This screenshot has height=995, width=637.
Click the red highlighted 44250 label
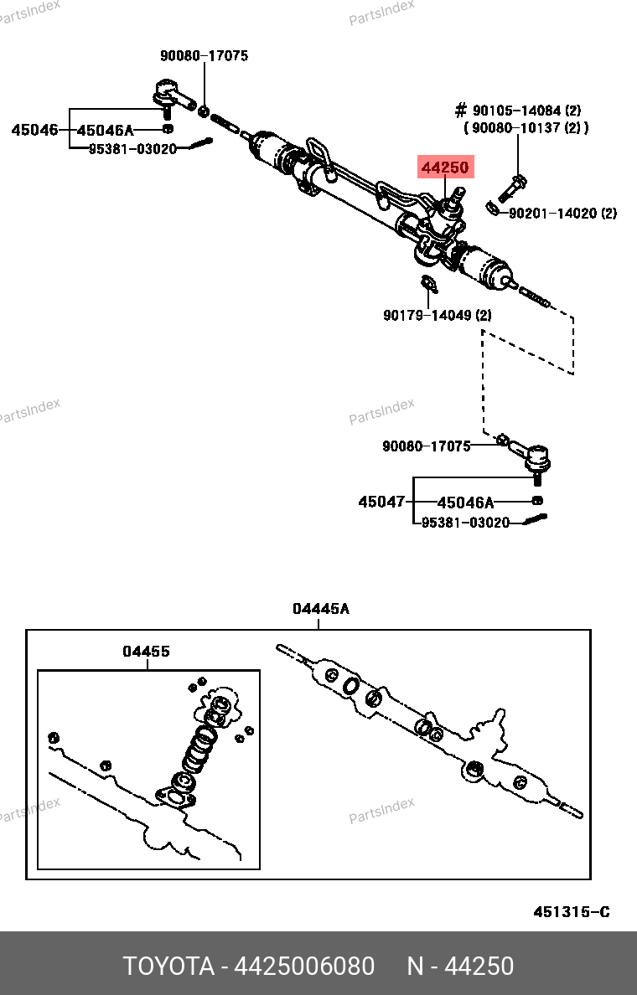445,168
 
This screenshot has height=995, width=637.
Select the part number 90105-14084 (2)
526,111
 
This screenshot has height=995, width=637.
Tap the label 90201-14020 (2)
562,214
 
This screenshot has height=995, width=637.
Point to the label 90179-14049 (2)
438,316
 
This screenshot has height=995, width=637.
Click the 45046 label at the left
34,130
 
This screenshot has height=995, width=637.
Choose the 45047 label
381,502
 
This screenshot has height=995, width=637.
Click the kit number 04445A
321,609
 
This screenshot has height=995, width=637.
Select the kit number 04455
146,651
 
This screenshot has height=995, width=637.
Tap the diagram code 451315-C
572,912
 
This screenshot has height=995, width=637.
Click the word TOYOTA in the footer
168,967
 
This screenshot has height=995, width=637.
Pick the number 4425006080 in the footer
304,967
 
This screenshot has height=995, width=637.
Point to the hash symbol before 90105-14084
460,111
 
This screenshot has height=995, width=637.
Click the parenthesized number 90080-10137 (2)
526,127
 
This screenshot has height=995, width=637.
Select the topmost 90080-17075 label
205,56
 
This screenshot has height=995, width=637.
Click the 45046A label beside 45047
465,503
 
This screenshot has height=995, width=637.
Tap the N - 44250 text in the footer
460,967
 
